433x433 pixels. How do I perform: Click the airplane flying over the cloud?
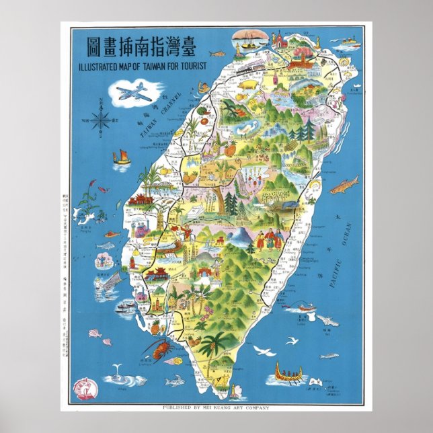pos(133,92)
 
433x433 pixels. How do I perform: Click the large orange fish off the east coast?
pos(344,184)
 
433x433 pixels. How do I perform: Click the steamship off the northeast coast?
pos(350,44)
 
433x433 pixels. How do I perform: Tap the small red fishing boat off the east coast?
pos(305,307)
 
